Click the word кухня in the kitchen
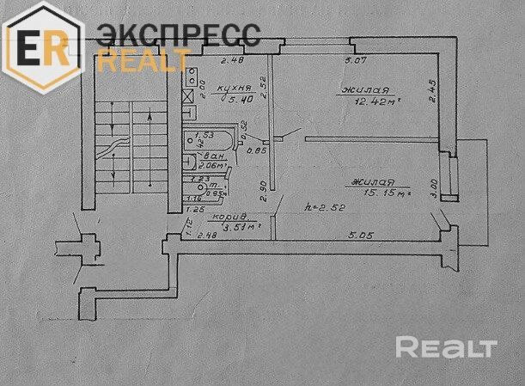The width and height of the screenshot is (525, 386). pyautogui.click(x=234, y=87)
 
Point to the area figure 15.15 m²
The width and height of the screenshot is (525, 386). pyautogui.click(x=384, y=195)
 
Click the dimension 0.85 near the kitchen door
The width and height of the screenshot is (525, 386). pyautogui.click(x=252, y=151)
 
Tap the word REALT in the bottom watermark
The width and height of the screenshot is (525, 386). pyautogui.click(x=446, y=347)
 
